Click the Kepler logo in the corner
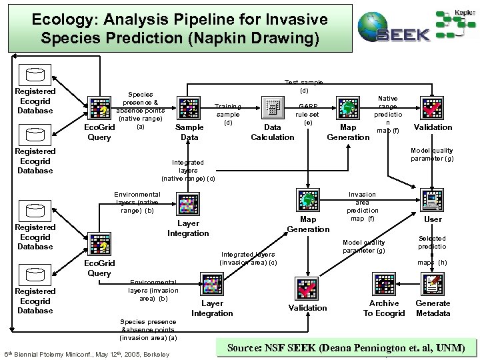point(457,23)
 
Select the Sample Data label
point(189,132)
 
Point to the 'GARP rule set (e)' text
point(308,114)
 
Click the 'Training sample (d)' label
point(228,114)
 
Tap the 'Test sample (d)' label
point(303,85)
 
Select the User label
point(433,219)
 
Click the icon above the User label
point(433,199)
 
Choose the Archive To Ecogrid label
point(384,308)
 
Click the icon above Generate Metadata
point(433,285)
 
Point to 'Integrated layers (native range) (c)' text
point(188,170)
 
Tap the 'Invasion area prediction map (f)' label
point(363,206)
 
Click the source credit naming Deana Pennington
point(347,348)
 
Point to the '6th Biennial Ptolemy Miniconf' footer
point(87,353)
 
